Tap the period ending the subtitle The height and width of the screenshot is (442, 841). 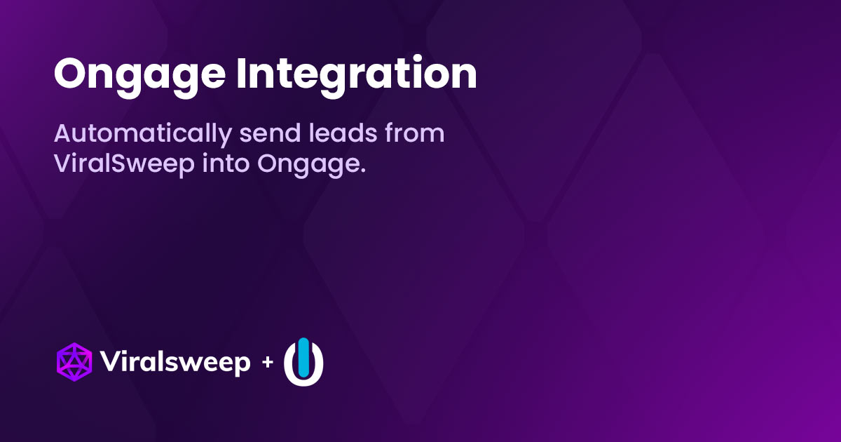point(363,173)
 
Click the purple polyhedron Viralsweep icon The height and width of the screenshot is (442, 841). point(74,362)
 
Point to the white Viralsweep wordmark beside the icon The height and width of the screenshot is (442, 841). point(175,363)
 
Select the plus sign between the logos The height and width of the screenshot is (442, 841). point(267,363)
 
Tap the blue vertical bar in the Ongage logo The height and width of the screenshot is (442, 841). point(303,355)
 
